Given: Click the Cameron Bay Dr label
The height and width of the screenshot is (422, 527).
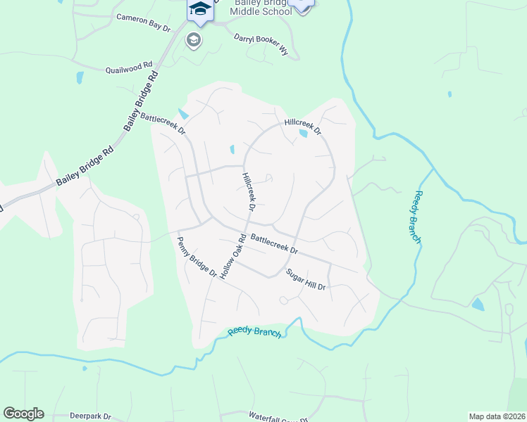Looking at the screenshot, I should pyautogui.click(x=144, y=22).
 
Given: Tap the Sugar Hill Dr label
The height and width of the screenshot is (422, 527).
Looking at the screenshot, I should pyautogui.click(x=306, y=279).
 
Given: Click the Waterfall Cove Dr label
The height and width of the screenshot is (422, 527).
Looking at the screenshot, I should pyautogui.click(x=274, y=418).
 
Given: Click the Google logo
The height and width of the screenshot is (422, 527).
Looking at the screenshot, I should pyautogui.click(x=23, y=414).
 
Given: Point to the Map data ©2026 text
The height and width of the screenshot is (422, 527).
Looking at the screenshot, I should pyautogui.click(x=496, y=416).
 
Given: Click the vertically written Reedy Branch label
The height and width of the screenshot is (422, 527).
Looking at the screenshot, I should pyautogui.click(x=418, y=217).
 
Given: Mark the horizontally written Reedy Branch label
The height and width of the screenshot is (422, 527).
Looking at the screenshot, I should pyautogui.click(x=254, y=332).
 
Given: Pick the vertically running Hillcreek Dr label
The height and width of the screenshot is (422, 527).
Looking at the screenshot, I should pyautogui.click(x=247, y=192).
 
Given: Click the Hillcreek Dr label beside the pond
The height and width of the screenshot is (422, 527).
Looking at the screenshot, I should pyautogui.click(x=302, y=126).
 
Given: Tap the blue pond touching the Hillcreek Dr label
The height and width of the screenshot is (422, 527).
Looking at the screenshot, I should pyautogui.click(x=303, y=133).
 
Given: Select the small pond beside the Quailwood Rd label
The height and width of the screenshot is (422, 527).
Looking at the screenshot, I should pyautogui.click(x=80, y=77).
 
